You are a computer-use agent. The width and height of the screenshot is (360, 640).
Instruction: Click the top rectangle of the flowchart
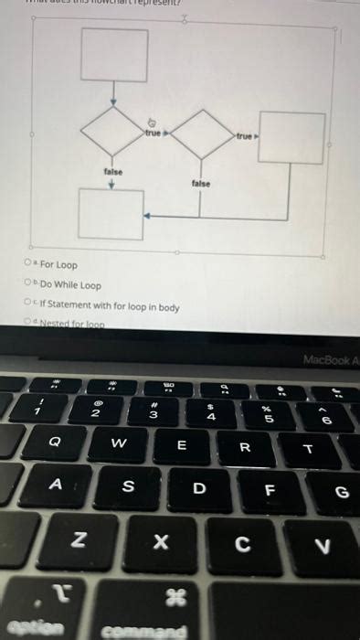pyautogui.click(x=114, y=55)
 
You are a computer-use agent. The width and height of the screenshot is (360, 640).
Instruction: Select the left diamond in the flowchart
pyautogui.click(x=113, y=134)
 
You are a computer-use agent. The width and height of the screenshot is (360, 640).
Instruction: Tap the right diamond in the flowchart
pyautogui.click(x=204, y=134)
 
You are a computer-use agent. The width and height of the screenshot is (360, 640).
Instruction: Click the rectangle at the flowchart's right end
pyautogui.click(x=291, y=138)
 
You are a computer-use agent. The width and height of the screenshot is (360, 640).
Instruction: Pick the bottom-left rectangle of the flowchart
pyautogui.click(x=111, y=214)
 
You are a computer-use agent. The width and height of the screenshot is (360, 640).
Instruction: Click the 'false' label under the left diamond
pyautogui.click(x=113, y=172)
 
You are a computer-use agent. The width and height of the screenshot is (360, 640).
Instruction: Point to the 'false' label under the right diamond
pyautogui.click(x=201, y=184)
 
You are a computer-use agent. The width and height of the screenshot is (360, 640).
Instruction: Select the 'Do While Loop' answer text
pyautogui.click(x=70, y=285)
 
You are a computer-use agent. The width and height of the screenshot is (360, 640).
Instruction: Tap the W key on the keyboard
pyautogui.click(x=118, y=443)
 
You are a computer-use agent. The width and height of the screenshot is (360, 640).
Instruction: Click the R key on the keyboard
pyautogui.click(x=244, y=448)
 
